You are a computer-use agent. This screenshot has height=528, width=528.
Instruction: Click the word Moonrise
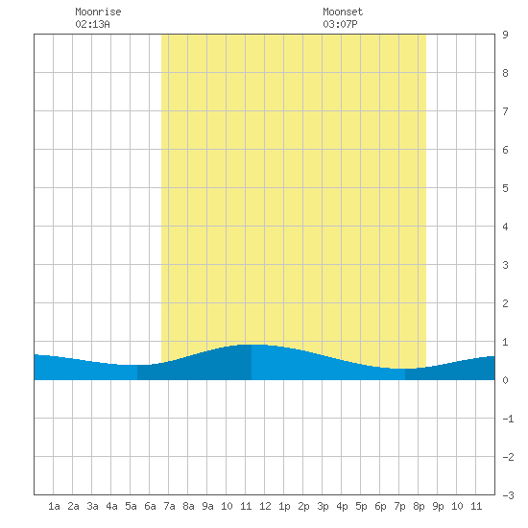tap(98, 12)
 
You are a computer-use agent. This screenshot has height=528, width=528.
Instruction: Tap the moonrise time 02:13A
tap(92, 24)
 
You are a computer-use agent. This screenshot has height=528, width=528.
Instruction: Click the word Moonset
tap(343, 12)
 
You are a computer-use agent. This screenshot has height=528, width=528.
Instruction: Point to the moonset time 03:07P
tap(340, 24)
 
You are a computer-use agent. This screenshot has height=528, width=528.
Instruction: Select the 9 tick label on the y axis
tap(505, 35)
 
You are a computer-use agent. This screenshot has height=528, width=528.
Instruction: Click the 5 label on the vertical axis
tap(505, 188)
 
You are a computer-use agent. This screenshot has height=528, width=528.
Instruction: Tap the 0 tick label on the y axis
tap(505, 380)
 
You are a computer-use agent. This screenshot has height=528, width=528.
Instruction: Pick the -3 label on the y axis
tap(508, 495)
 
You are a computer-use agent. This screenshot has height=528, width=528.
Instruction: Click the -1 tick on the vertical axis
tap(508, 419)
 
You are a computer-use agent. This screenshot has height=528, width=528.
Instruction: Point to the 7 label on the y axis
tap(505, 111)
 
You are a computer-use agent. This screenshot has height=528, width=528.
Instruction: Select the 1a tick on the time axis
tap(54, 506)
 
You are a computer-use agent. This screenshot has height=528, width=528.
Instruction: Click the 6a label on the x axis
tap(150, 506)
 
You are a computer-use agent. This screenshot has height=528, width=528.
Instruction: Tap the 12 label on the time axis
tap(265, 506)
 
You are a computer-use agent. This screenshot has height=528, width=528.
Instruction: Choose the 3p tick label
tap(323, 506)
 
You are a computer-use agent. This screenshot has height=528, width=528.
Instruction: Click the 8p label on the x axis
tap(419, 506)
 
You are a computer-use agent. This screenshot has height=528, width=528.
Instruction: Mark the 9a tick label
tap(207, 506)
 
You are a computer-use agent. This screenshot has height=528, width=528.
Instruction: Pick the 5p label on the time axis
tap(361, 506)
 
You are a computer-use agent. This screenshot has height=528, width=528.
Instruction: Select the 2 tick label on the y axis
tap(505, 303)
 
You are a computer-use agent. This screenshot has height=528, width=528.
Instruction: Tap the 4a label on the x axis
tap(111, 506)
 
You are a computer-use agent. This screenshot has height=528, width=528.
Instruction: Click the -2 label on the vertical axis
tap(508, 457)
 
